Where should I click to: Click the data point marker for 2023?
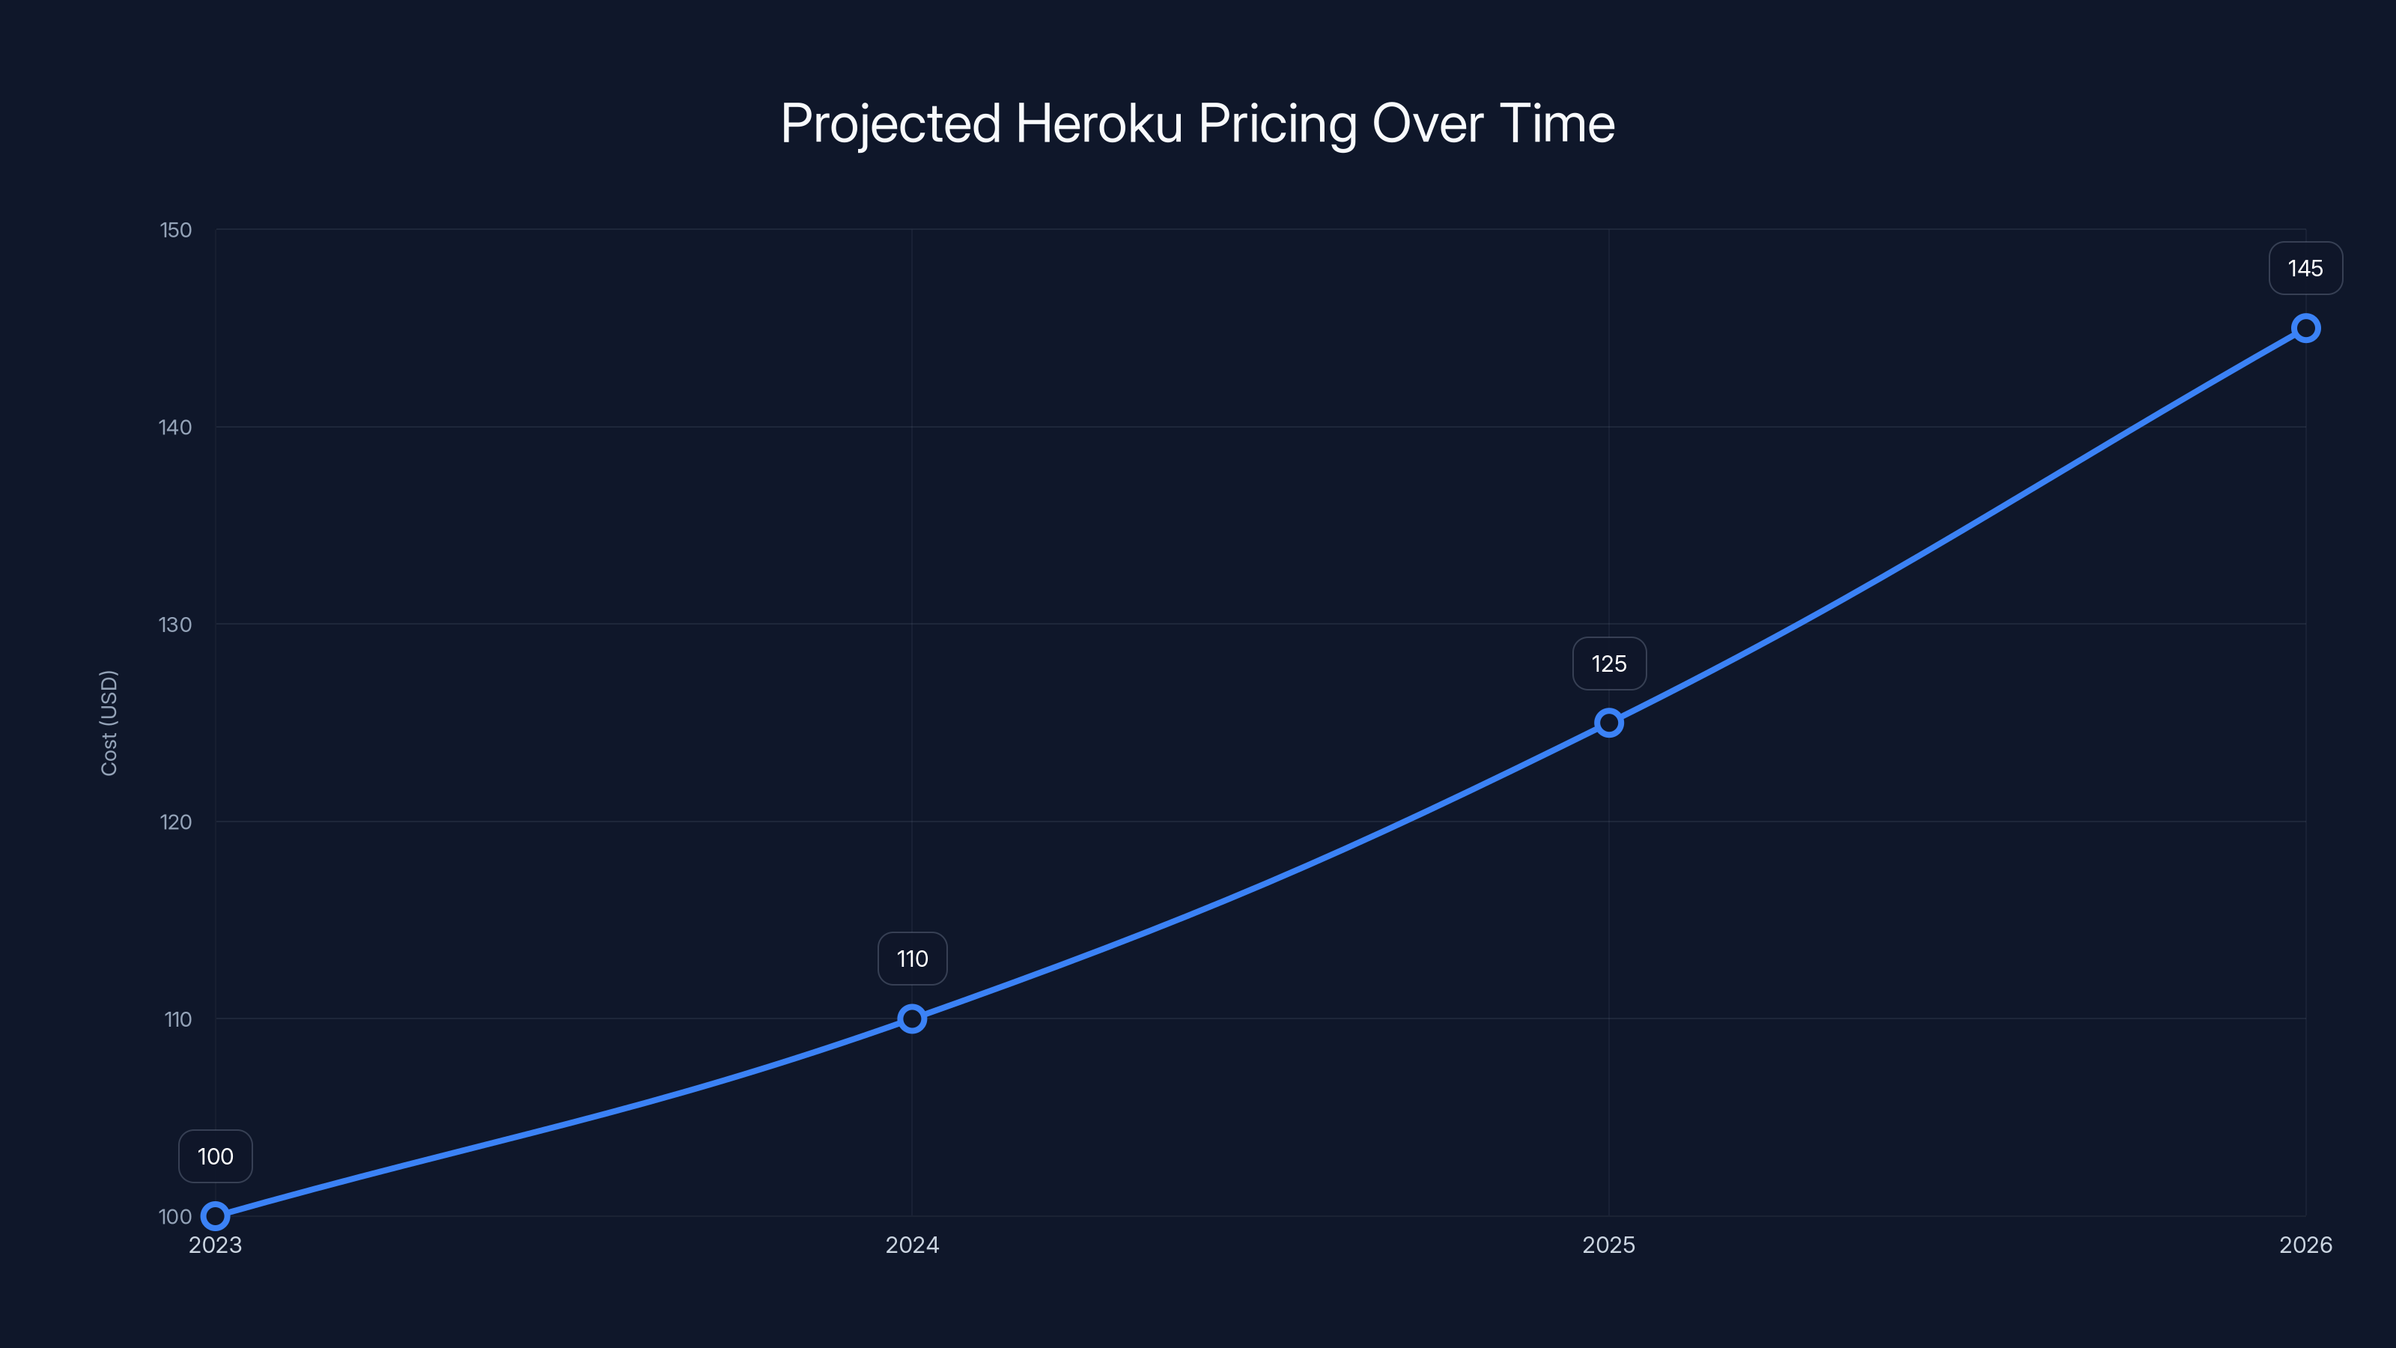tap(215, 1216)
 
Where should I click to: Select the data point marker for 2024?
tap(911, 1018)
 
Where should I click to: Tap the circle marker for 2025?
tap(1609, 723)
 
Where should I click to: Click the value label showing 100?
tap(215, 1156)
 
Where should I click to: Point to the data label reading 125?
tap(1609, 664)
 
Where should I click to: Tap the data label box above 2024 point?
tap(911, 959)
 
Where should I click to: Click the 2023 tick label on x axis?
tap(215, 1245)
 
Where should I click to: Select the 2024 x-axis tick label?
tap(911, 1245)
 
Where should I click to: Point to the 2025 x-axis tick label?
tap(1609, 1245)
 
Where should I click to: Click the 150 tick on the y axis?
tap(176, 230)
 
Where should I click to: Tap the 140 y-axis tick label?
tap(176, 427)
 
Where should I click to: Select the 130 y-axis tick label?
tap(176, 625)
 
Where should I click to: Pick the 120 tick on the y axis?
tap(176, 822)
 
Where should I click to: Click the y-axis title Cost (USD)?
tap(109, 723)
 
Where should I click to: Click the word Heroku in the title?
tap(1099, 124)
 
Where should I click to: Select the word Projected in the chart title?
tap(890, 124)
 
